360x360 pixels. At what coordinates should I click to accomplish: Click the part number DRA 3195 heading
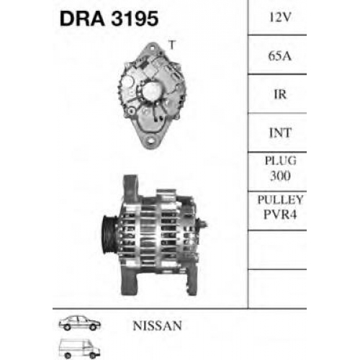pos(109,19)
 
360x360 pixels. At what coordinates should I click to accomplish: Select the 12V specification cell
pos(280,17)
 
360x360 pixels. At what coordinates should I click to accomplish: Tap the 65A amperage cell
pos(280,56)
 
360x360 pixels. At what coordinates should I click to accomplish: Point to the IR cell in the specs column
pos(280,94)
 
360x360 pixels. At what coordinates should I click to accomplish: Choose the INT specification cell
pos(280,132)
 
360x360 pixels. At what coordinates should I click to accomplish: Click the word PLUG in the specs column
pos(280,161)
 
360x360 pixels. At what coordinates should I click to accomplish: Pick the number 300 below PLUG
pos(280,176)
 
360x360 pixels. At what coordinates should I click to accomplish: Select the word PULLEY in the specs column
pos(280,199)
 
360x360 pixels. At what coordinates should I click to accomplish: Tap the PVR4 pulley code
pos(280,214)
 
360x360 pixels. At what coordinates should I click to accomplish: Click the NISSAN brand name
pos(157,325)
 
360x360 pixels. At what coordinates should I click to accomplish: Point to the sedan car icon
pos(80,323)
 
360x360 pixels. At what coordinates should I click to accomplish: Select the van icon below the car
pos(79,348)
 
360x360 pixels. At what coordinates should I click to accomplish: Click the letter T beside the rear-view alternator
pos(172,45)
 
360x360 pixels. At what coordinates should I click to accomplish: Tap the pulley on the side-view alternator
pos(109,234)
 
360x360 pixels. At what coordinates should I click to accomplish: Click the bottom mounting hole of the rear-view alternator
pos(150,140)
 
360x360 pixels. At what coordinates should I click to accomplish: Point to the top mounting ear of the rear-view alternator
pos(152,48)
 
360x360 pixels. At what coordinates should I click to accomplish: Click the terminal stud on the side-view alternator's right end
pos(203,225)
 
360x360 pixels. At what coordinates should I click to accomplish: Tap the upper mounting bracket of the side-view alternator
pos(132,189)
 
